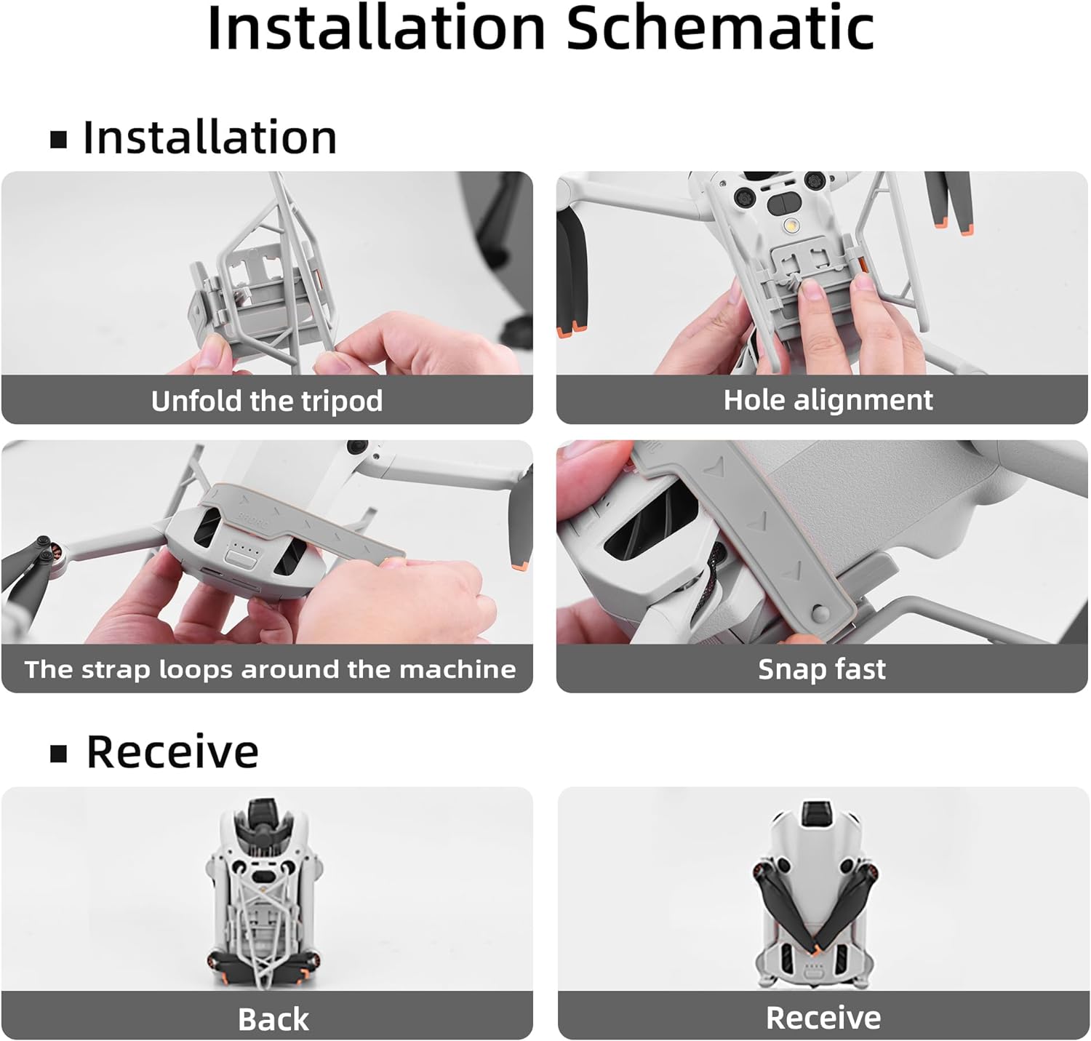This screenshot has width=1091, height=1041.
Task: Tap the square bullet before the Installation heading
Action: (x=58, y=140)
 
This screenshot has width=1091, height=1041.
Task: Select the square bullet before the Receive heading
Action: (x=58, y=754)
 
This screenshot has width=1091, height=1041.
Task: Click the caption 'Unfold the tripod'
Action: (x=267, y=401)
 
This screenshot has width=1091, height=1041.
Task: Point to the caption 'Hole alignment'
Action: (x=828, y=400)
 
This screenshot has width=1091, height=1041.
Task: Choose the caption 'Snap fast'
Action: (x=822, y=669)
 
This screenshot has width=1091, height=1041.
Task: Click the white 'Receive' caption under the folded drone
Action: (x=823, y=1018)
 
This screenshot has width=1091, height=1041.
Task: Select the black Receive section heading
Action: (x=172, y=752)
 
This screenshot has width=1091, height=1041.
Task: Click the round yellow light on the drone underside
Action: (x=790, y=226)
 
